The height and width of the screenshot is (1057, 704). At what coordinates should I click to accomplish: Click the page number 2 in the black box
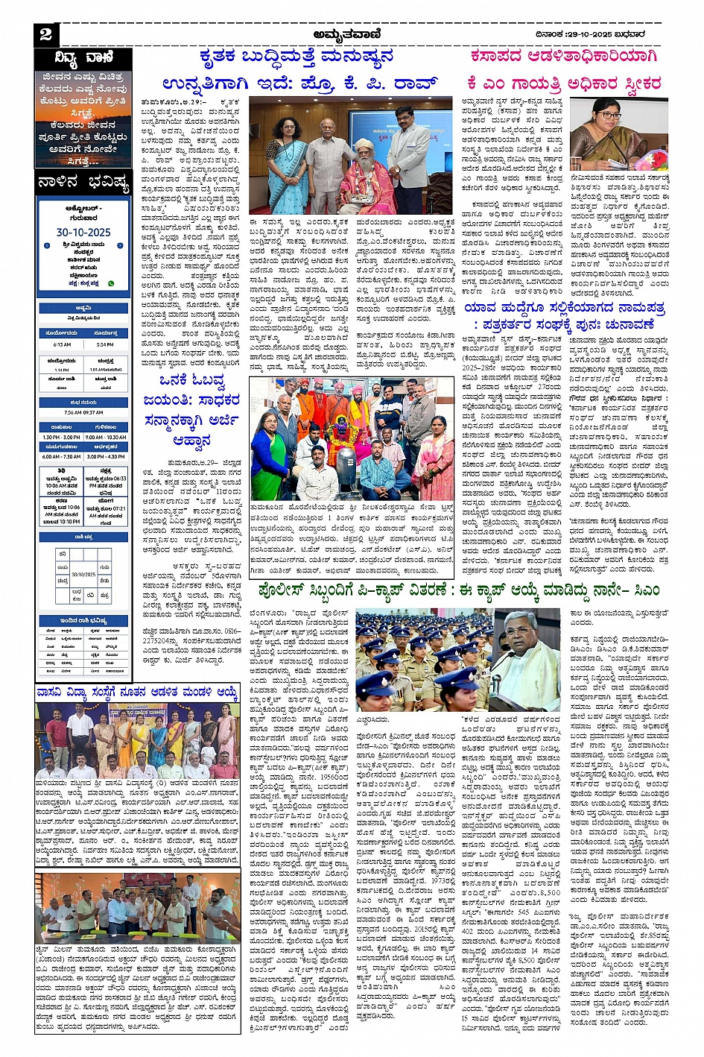pos(45,34)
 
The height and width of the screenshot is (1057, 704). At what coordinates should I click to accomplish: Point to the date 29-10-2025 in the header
pos(603,34)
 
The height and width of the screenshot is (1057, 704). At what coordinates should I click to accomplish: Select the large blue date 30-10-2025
pos(83,232)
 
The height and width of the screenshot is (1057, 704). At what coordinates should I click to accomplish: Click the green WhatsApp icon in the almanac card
pos(111,283)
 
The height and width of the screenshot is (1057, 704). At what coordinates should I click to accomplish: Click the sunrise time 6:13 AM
pos(62,344)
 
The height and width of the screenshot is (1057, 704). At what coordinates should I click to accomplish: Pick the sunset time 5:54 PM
pos(106,344)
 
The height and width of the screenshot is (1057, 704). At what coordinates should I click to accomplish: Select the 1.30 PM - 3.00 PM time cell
pos(62,437)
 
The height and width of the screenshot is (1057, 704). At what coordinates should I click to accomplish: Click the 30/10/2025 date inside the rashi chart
pos(83,574)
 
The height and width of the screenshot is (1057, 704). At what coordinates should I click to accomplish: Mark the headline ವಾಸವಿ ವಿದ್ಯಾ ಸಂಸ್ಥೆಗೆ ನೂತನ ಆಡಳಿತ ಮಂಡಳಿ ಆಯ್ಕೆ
pos(137,692)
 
